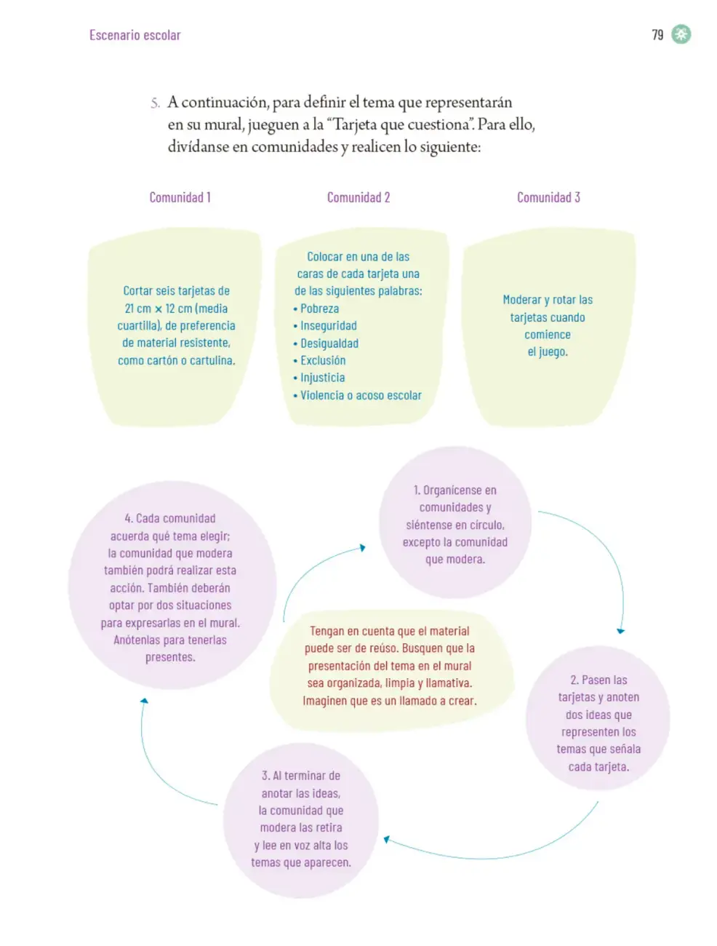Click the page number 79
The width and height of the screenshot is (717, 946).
[x=657, y=35]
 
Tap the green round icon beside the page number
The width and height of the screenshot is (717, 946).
[x=681, y=34]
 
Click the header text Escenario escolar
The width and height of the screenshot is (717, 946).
[x=135, y=35]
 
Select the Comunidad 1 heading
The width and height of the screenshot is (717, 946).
[x=180, y=197]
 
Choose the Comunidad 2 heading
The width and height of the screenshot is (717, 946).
[x=358, y=197]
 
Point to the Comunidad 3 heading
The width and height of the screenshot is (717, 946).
[x=548, y=197]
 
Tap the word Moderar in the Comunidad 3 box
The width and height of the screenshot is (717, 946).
[x=521, y=300]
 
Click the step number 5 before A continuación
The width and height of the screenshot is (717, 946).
[x=155, y=103]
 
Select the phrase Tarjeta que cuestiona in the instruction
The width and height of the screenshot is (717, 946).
[x=401, y=125]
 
